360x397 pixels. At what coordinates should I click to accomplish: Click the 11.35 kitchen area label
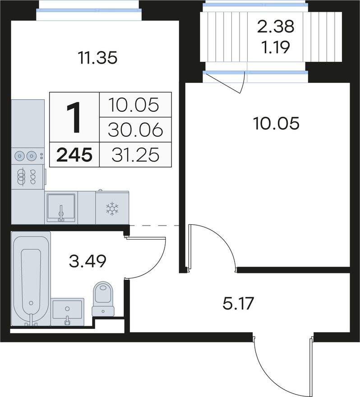(97, 58)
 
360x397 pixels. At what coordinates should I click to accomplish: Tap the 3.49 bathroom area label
(88, 261)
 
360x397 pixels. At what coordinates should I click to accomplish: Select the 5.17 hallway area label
(238, 304)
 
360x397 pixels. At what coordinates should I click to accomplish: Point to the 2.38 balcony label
(276, 27)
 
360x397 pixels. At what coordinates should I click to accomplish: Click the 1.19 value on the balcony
(276, 47)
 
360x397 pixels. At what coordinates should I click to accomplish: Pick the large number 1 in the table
(74, 117)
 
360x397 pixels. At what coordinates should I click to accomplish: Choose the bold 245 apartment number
(74, 155)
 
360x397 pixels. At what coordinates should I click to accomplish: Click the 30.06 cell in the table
(135, 130)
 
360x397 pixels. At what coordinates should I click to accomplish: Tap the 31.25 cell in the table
(135, 155)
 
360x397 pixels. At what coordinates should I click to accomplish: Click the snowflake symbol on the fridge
(112, 208)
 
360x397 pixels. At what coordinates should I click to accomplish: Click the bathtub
(31, 278)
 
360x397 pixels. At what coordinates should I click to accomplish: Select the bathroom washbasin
(67, 312)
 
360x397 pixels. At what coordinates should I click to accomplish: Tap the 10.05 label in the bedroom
(276, 123)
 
